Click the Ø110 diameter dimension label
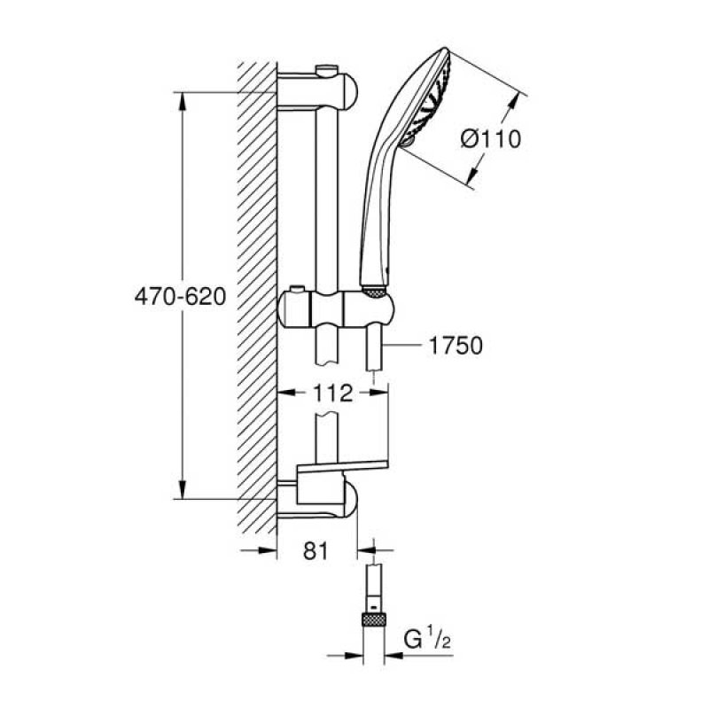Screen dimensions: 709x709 tap(491, 138)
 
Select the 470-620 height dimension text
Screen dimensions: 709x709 tap(180, 297)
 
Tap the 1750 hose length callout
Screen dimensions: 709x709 tap(456, 346)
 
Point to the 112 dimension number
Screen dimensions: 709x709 tap(333, 393)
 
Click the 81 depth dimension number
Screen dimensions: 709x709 tap(316, 550)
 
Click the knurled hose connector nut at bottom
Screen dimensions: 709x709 tap(373, 619)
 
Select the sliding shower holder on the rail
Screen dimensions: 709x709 tap(336, 308)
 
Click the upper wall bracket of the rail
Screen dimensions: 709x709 tap(317, 91)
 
